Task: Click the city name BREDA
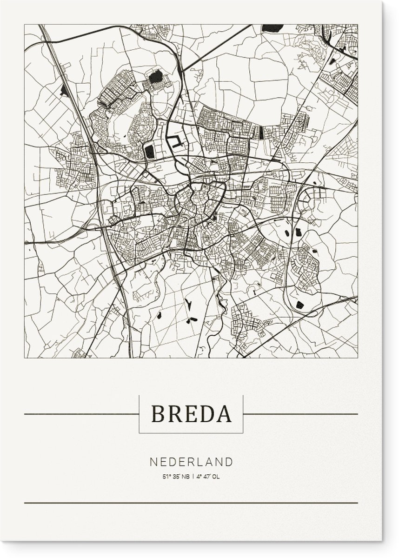click(191, 414)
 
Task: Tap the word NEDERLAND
click(191, 449)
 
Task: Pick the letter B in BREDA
click(157, 414)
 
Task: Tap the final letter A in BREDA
click(223, 414)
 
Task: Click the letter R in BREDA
click(173, 414)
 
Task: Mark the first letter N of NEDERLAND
click(153, 449)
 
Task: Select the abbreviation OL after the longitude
click(216, 463)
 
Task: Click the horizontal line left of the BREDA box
click(81, 414)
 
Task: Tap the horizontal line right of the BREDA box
click(300, 414)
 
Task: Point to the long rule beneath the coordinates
click(191, 503)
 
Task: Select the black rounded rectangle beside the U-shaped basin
click(150, 150)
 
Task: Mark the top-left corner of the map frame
click(25, 25)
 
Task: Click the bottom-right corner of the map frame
click(358, 358)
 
